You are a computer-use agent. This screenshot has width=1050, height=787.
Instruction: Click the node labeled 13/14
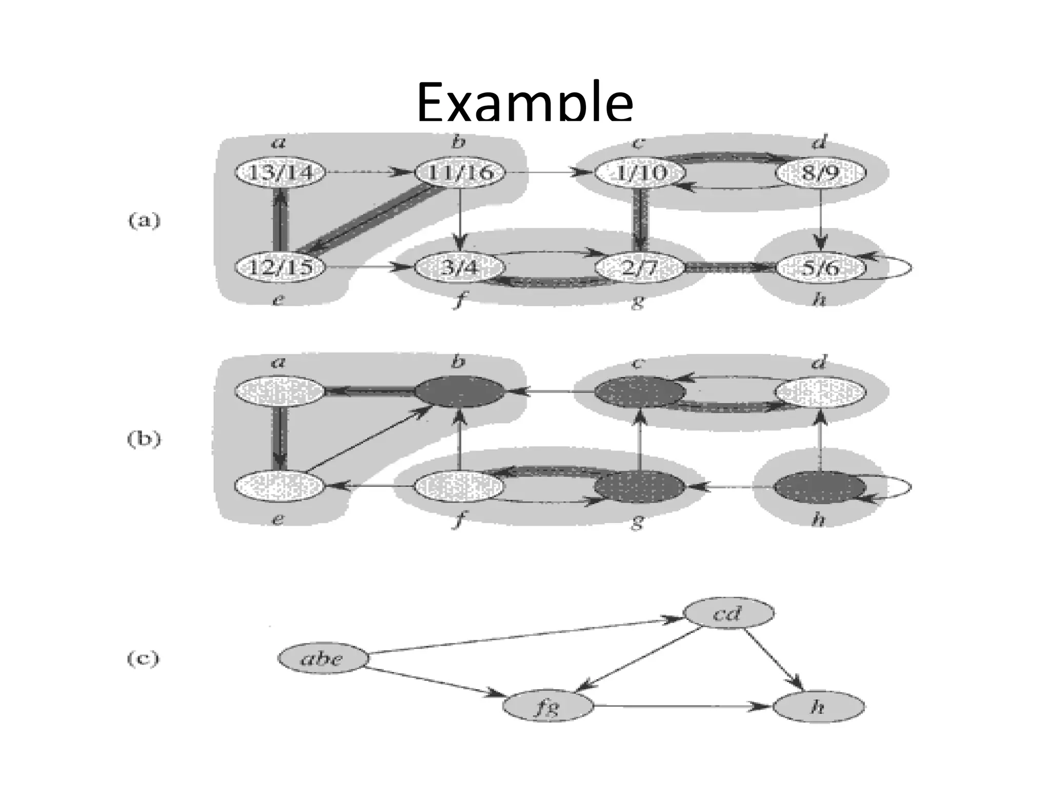tap(280, 173)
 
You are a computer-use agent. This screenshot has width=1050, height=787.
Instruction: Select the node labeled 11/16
tap(460, 173)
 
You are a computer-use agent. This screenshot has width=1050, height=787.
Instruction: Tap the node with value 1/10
tap(639, 173)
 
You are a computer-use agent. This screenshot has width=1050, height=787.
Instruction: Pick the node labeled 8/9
tap(820, 173)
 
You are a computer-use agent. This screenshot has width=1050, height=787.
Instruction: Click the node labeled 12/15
tap(280, 267)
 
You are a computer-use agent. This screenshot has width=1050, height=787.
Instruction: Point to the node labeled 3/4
tap(459, 267)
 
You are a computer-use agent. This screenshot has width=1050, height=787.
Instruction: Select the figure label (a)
tap(144, 221)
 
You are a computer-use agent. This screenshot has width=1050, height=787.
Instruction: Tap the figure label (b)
tap(144, 440)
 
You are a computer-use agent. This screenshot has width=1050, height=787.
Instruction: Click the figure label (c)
tap(143, 658)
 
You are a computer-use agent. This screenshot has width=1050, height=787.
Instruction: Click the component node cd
tap(729, 613)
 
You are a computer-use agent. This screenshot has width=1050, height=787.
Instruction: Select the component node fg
tap(548, 707)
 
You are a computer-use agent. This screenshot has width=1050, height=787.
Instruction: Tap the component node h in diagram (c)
tap(818, 707)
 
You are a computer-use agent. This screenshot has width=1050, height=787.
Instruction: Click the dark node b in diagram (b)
tap(459, 392)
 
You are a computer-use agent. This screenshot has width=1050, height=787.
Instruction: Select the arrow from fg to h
tap(682, 707)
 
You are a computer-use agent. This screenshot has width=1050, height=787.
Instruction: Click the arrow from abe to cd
tap(523, 635)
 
